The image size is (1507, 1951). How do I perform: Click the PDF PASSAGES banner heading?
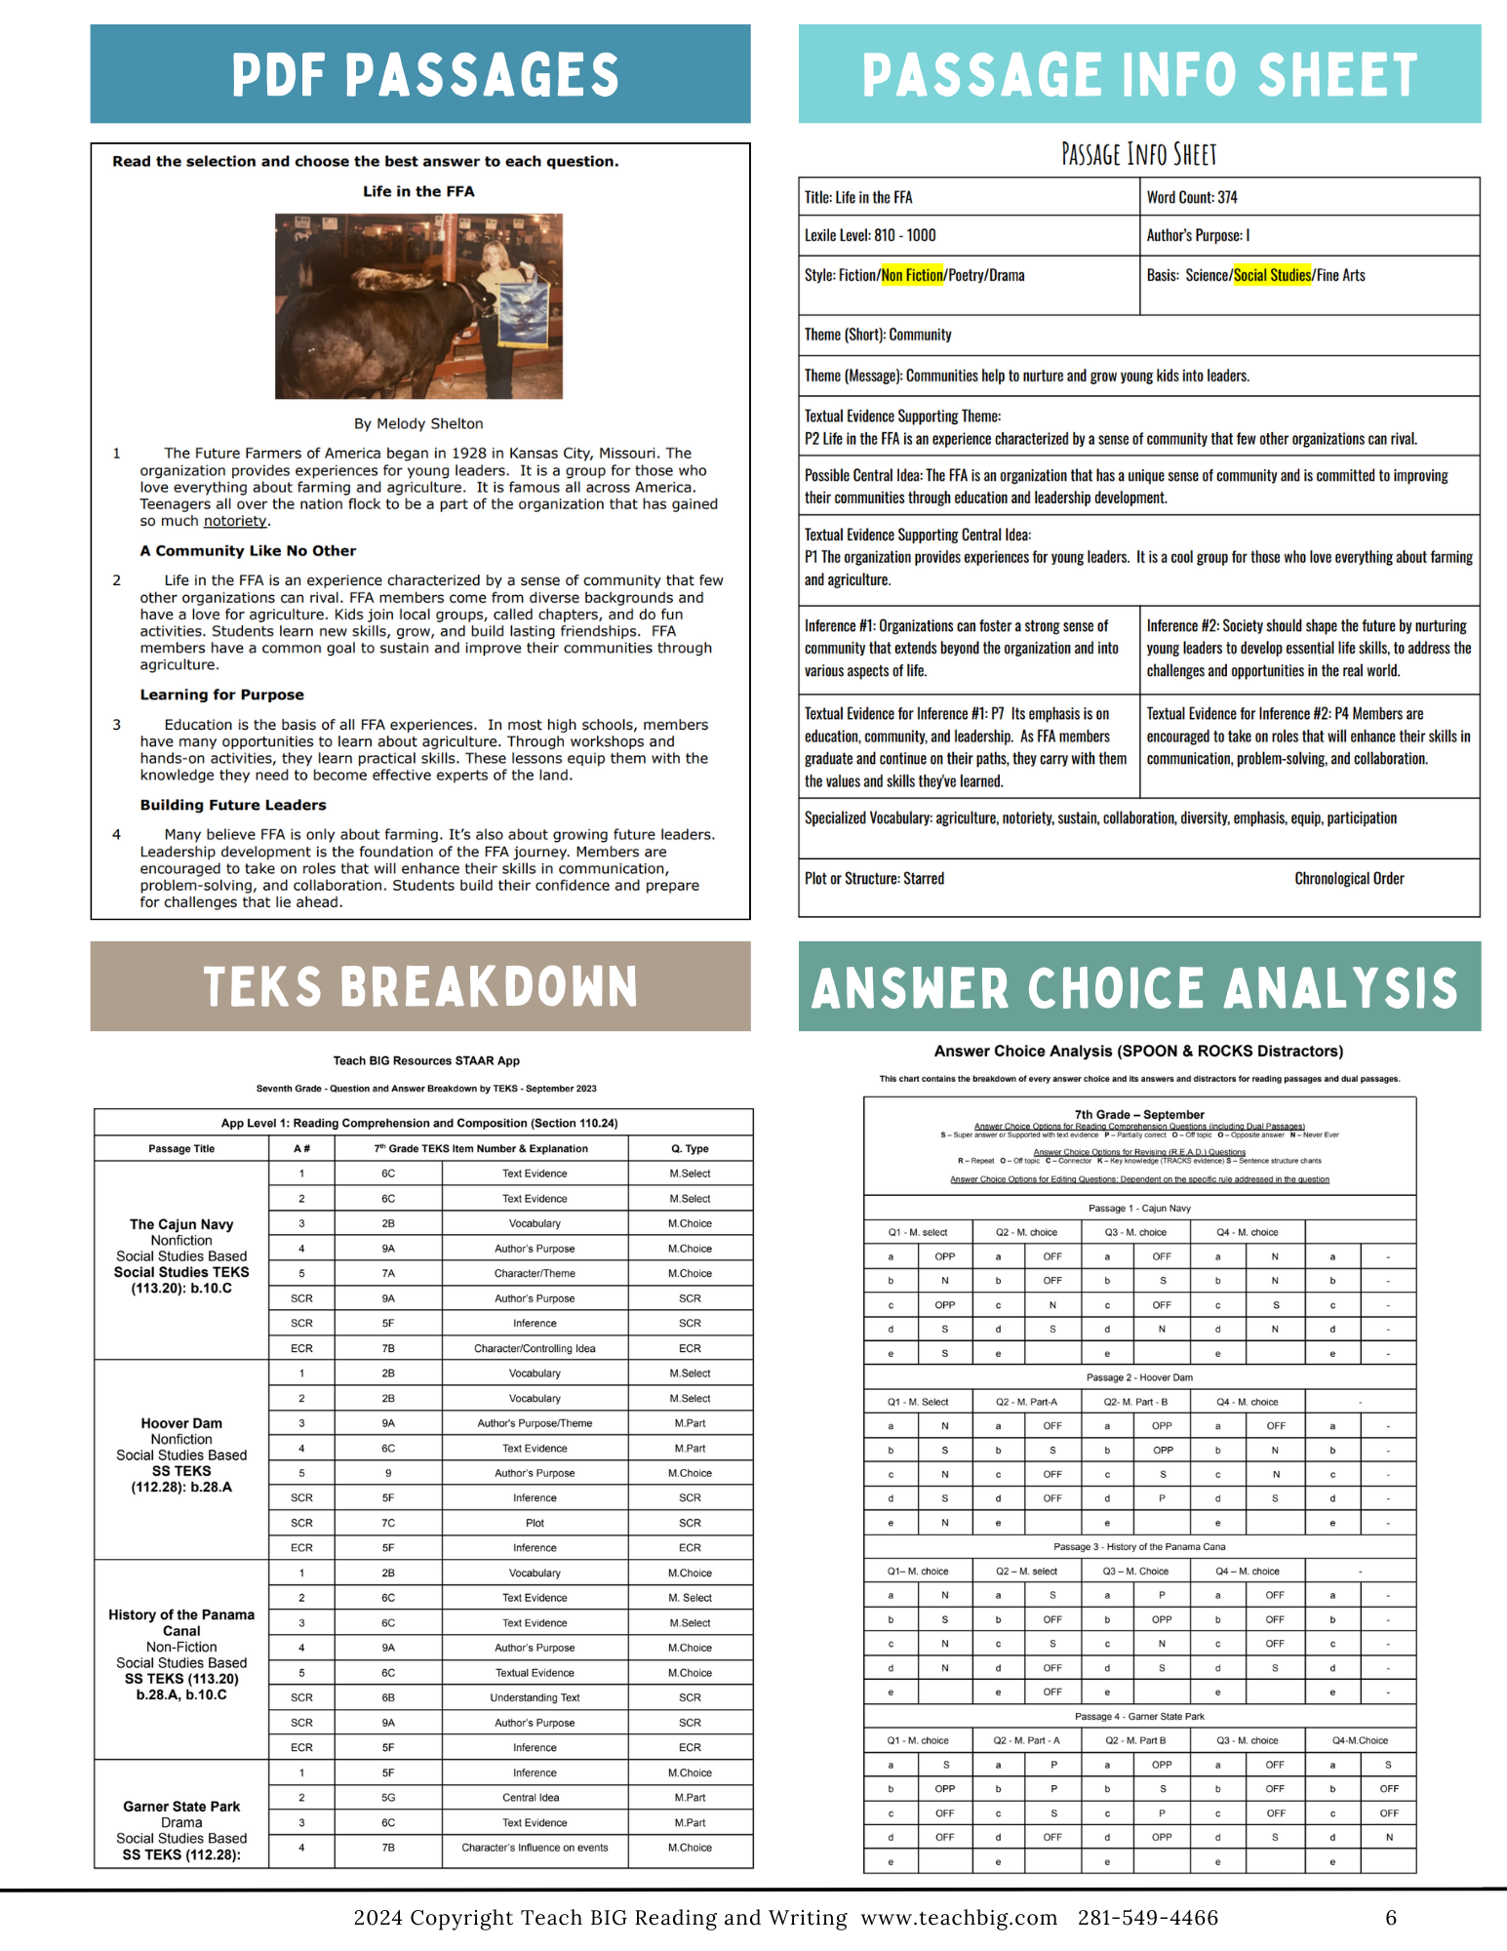pos(424,75)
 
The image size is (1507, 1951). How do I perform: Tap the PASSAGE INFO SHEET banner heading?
pos(1138,75)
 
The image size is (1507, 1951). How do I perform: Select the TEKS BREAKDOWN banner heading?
pos(420,986)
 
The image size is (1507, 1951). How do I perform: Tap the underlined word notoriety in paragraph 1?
pos(235,521)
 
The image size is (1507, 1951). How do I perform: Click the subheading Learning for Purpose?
pos(221,695)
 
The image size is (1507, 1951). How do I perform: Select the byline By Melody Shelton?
pos(418,423)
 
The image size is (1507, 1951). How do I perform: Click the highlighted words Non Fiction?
pos(912,275)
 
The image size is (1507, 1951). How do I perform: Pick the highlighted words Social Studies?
pos(1272,275)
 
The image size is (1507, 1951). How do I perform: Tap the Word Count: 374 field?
pos(1192,197)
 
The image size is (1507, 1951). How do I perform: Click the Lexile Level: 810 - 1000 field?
pos(870,235)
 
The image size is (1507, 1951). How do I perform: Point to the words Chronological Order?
pos(1349,878)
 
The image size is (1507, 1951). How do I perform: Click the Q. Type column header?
pos(690,1148)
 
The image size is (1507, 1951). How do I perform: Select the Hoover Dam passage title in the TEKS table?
pos(181,1423)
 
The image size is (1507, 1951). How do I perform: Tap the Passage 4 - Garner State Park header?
pos(1139,1716)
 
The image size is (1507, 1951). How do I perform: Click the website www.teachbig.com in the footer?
pos(959,1918)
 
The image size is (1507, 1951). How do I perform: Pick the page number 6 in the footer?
pos(1391,1918)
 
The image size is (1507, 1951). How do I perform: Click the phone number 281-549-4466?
pos(1148,1918)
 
